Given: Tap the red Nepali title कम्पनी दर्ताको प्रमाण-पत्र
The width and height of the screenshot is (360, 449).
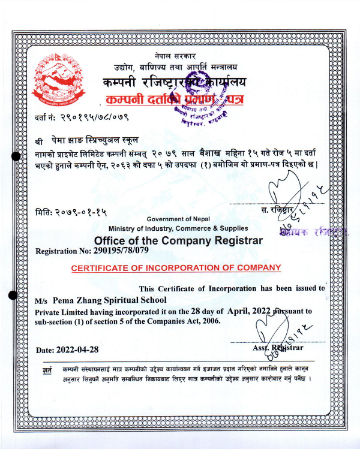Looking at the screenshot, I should [174, 100].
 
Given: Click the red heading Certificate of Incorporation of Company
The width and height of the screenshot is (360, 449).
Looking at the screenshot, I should [176, 268].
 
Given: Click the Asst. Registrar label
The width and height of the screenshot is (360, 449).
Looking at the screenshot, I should [278, 348].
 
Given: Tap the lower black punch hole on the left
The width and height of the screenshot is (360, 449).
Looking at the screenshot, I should [13, 294].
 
